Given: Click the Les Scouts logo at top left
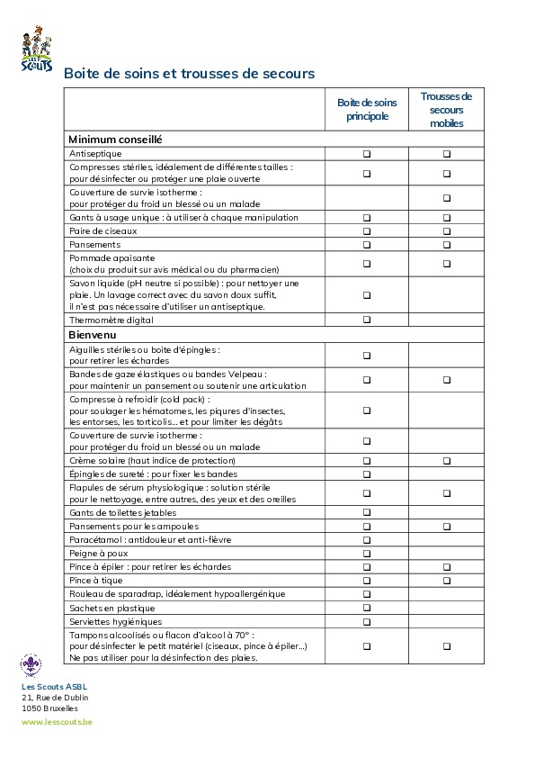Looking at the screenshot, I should (x=36, y=50).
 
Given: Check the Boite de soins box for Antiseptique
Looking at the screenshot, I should (x=367, y=154).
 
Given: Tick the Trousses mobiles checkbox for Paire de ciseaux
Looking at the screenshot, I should (x=447, y=231).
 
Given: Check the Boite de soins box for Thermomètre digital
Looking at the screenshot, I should (x=367, y=320).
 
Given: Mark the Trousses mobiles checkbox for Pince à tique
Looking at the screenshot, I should (x=447, y=581).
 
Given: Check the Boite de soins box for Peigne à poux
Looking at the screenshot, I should (x=367, y=554).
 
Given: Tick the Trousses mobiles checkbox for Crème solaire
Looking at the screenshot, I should (x=447, y=461).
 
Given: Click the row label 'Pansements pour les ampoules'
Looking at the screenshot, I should (x=133, y=526).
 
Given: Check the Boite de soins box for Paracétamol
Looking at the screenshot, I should (x=367, y=540).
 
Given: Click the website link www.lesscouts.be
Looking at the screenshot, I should (x=57, y=722).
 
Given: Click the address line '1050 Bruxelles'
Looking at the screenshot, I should (x=49, y=708).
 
